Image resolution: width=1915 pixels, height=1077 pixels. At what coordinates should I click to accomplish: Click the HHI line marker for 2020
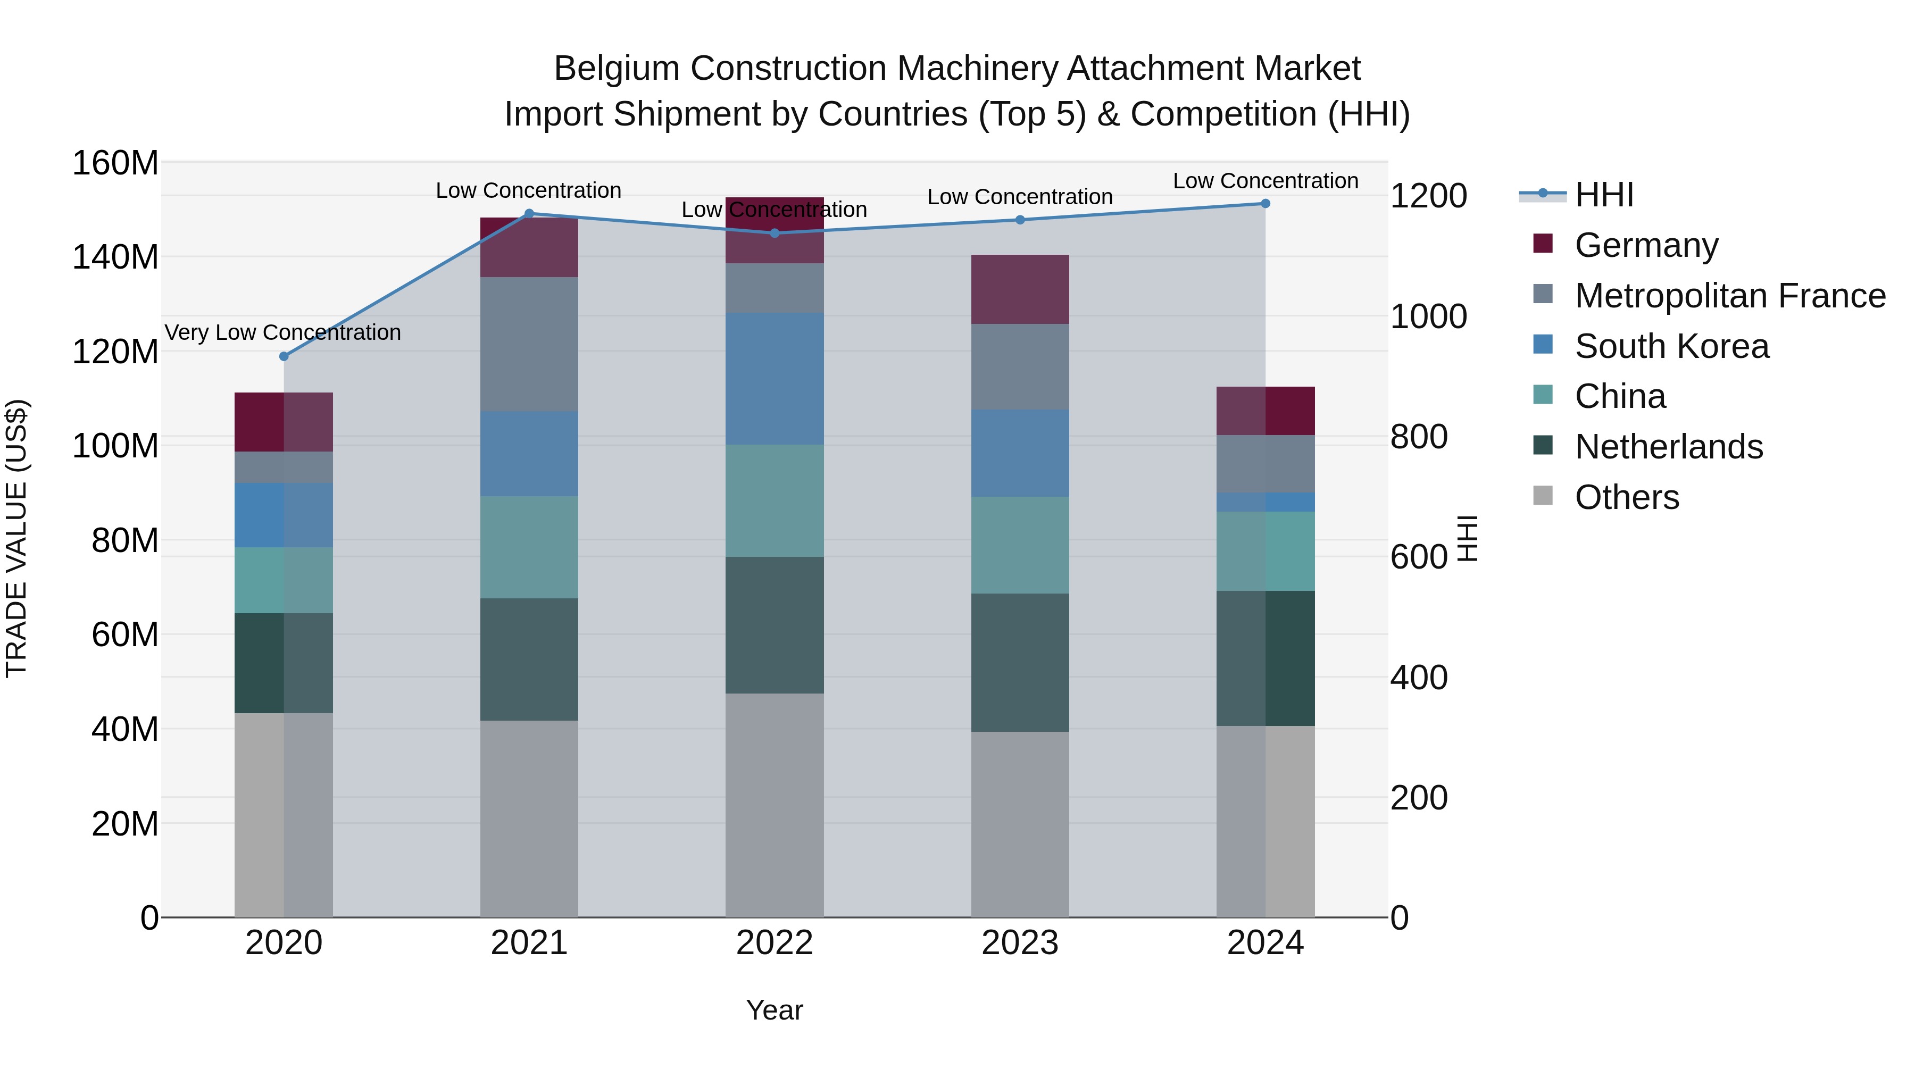(283, 356)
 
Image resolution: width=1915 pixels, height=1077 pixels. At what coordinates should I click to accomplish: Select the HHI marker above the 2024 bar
(1265, 204)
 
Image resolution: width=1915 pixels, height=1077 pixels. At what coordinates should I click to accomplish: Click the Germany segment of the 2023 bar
(1020, 289)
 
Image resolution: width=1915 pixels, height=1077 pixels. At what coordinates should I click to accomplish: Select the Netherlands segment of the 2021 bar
(529, 659)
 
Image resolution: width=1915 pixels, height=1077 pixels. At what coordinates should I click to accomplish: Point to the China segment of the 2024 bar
(1265, 551)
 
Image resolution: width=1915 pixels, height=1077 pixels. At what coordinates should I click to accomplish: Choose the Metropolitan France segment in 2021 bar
(529, 344)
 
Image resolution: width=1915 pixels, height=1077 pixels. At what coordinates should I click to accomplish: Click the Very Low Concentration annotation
(282, 332)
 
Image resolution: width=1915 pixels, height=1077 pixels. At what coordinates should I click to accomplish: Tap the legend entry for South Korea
(1671, 346)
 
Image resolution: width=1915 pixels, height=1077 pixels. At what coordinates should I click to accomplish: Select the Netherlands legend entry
(1668, 447)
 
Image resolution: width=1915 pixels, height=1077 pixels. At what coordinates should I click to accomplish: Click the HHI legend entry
(1603, 195)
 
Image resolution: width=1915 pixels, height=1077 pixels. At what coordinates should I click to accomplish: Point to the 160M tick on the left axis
(115, 163)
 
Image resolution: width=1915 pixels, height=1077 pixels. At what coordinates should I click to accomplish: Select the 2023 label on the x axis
(1020, 943)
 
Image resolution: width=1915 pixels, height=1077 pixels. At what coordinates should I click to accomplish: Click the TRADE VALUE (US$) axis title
(16, 538)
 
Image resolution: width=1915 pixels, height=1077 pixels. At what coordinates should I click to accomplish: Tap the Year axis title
(774, 1010)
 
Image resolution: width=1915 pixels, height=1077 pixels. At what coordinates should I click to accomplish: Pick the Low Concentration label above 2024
(1265, 181)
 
